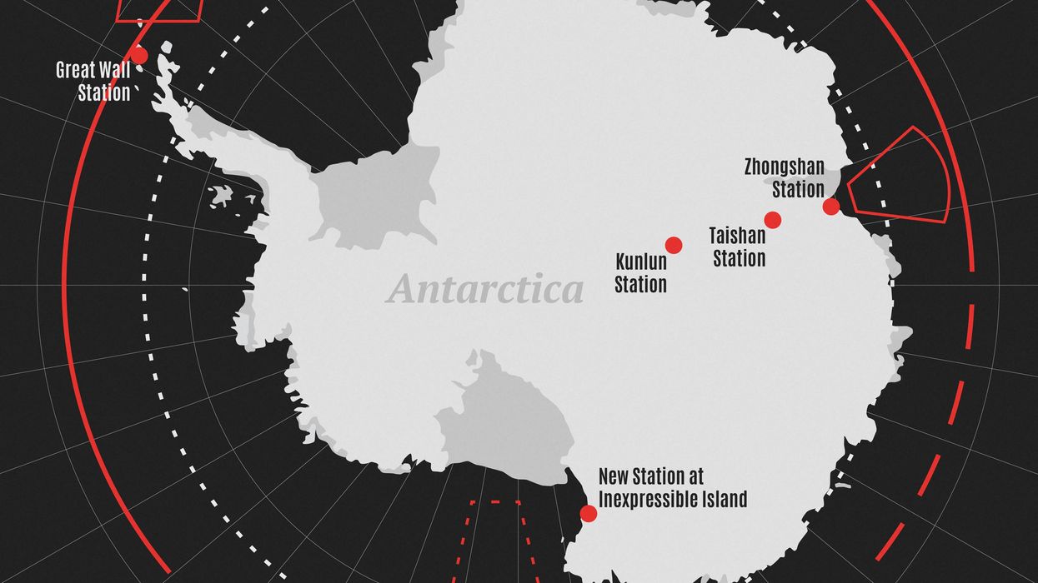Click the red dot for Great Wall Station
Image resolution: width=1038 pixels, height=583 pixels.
138,56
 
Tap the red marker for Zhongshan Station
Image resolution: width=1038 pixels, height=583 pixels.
830,207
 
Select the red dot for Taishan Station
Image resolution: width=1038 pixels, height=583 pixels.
772,220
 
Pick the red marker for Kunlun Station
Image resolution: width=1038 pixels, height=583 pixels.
674,245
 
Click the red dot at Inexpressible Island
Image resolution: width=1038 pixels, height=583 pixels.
589,513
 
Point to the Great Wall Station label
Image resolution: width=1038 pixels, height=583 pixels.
93,81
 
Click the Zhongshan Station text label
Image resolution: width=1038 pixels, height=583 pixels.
784,178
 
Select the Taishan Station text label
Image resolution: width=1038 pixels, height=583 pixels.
738,247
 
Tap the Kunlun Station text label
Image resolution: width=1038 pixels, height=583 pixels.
640,273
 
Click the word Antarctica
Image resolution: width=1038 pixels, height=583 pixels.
484,290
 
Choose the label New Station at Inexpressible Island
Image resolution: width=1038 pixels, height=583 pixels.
672,488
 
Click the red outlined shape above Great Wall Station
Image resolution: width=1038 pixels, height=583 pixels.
158,10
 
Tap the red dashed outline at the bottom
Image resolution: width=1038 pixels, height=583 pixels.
496,541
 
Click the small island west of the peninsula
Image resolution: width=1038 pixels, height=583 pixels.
221,196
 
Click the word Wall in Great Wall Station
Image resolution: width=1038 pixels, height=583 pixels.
114,70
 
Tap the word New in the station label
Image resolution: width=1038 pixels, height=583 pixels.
613,477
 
